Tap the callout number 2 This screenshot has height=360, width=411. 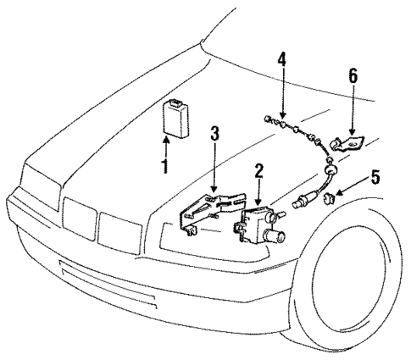(x=259, y=173)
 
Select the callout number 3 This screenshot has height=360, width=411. (x=214, y=133)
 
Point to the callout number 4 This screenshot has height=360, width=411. (x=282, y=61)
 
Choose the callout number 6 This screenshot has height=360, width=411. (x=353, y=77)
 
